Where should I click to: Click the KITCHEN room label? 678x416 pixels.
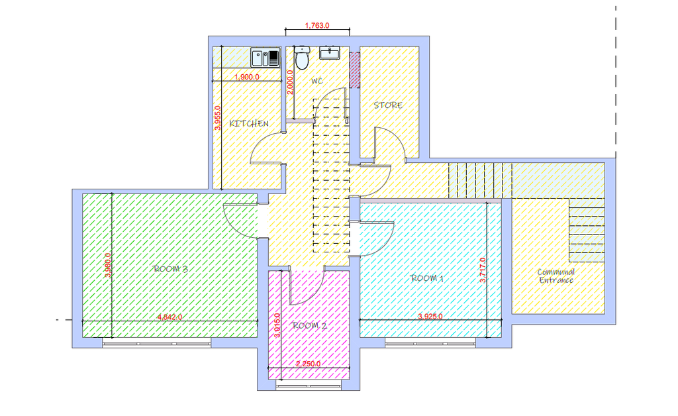(249, 123)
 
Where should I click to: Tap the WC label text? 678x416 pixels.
(317, 81)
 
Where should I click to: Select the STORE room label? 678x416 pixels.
(388, 105)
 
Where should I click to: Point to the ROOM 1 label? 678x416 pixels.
(427, 278)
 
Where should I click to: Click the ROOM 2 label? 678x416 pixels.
(310, 326)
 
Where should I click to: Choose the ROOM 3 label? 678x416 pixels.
(170, 268)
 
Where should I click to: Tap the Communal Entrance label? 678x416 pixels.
(556, 276)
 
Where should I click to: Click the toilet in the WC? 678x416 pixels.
(302, 58)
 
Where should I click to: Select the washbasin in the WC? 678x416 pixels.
(330, 53)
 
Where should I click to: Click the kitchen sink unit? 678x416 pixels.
(266, 58)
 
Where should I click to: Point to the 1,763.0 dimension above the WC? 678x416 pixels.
(317, 26)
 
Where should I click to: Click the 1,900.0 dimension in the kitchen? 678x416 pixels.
(247, 77)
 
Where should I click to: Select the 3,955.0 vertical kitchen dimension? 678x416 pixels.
(217, 118)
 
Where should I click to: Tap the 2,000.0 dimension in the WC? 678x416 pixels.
(290, 82)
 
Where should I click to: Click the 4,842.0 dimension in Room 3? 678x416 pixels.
(169, 317)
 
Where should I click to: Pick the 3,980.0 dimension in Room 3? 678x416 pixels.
(108, 265)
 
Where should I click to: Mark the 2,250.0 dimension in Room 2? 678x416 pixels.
(309, 364)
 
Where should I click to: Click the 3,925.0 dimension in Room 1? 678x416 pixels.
(430, 317)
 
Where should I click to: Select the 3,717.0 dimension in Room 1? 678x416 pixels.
(483, 270)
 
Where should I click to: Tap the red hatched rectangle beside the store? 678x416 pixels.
(355, 70)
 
